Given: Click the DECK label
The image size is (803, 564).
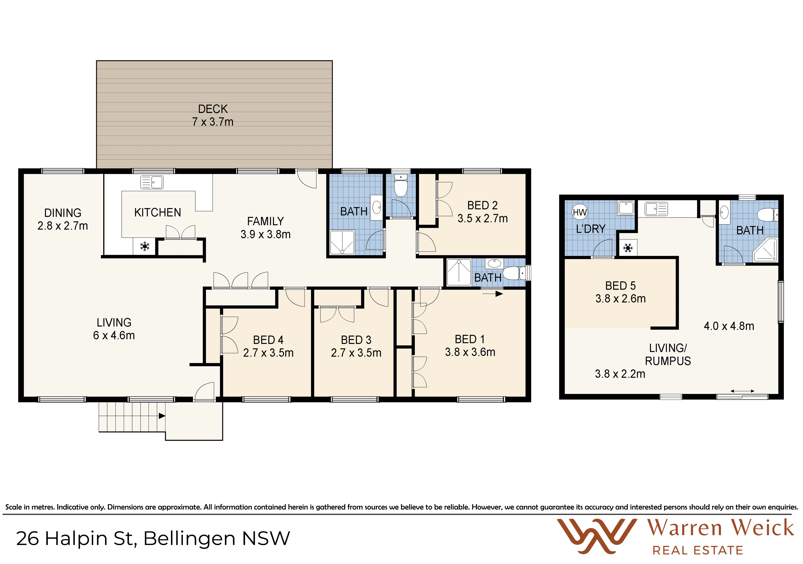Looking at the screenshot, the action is click(213, 109).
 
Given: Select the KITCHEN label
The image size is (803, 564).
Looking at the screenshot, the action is click(158, 212).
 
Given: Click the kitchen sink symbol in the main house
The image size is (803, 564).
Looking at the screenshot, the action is click(152, 182).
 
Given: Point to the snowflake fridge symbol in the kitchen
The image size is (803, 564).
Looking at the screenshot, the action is click(144, 246).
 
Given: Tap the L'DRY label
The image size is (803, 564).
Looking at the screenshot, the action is click(591, 229).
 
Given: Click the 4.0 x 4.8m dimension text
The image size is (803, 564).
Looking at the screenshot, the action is click(729, 326).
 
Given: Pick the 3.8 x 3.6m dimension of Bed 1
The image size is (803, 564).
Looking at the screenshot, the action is click(470, 352).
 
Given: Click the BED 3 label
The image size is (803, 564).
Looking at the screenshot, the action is click(356, 340).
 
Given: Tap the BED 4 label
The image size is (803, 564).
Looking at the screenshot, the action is click(268, 340).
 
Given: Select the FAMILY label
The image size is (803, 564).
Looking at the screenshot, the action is click(266, 221).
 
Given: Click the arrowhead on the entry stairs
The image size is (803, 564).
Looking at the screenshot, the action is click(162, 416).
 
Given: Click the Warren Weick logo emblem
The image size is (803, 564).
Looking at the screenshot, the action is click(597, 536).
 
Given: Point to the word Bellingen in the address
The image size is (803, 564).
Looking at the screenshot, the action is click(189, 539).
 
